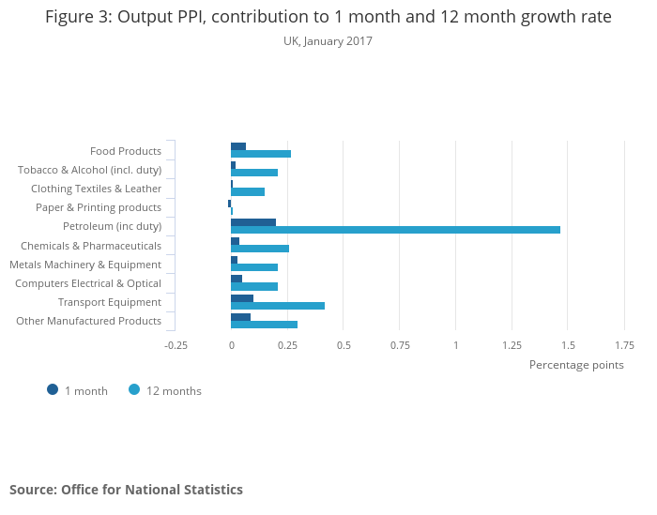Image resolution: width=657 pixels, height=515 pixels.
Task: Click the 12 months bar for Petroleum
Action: tap(395, 230)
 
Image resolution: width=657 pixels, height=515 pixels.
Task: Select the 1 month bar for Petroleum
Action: tap(253, 222)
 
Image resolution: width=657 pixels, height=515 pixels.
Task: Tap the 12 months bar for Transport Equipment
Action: tap(278, 306)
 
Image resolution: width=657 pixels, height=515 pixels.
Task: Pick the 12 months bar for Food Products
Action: tap(261, 154)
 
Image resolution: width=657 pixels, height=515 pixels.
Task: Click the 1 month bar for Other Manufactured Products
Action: tap(240, 317)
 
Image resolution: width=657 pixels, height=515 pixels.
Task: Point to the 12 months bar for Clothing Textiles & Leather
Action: tap(248, 191)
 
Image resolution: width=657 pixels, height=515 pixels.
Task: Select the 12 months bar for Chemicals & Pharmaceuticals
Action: tap(260, 249)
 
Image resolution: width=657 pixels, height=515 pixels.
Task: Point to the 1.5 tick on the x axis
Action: tap(568, 344)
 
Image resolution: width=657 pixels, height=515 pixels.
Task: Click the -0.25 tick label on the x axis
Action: tap(176, 344)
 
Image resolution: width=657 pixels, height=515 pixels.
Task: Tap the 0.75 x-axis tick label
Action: tap(400, 344)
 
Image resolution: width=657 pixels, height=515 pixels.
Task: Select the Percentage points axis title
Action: tap(576, 365)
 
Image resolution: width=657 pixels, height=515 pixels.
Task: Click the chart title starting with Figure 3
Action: tap(328, 17)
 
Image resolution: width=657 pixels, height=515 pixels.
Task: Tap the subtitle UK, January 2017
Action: tap(328, 41)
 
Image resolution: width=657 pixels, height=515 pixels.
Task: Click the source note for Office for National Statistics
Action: tap(126, 490)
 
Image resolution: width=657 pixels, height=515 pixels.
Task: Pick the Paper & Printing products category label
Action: tap(99, 207)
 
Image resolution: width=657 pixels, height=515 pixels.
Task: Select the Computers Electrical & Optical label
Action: tap(88, 283)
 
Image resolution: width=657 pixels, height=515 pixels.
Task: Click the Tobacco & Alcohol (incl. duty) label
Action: tap(90, 170)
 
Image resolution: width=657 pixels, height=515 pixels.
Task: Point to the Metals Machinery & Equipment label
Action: tap(85, 265)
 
